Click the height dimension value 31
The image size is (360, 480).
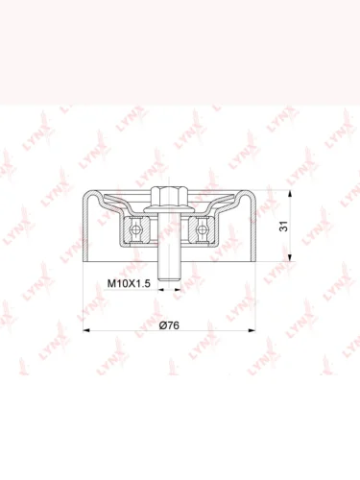284,226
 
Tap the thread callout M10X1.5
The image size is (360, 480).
129,283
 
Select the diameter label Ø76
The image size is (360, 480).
169,325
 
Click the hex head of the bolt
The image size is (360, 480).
168,197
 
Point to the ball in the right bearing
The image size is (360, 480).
202,229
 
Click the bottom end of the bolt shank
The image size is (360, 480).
169,280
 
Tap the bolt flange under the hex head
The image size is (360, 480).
169,209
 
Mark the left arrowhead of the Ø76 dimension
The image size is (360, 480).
86,330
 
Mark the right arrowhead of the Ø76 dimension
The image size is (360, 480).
252,330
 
